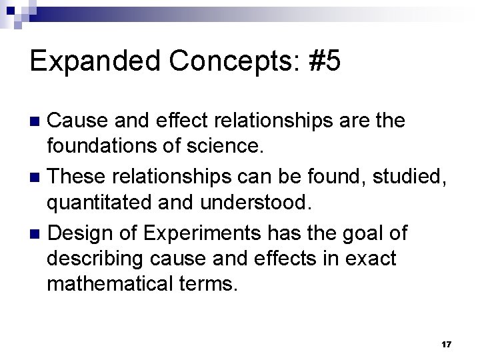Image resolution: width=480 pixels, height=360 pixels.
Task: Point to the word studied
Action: (413, 177)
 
